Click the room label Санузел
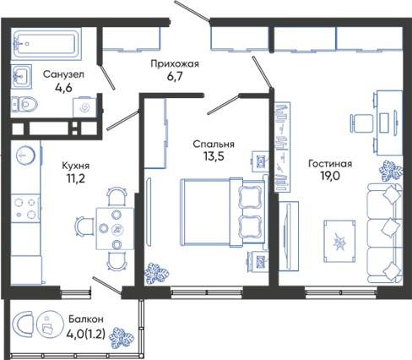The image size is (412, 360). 63,74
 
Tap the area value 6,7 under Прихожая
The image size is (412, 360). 175,76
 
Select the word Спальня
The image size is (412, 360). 214,144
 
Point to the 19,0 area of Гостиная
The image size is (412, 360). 330,176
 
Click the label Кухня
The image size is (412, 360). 76,166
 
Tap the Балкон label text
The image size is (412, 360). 86,319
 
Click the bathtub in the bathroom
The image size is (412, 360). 46,44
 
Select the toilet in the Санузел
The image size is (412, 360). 24,104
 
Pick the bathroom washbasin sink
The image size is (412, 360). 21,77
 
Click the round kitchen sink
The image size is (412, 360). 25,155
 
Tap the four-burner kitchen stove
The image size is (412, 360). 25,208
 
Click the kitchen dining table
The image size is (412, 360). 115,229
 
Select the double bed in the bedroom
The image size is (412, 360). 222,212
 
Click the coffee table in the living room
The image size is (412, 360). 339,241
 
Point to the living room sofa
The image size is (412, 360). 385,232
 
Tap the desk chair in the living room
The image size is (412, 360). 361,123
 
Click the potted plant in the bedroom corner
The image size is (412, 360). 156,273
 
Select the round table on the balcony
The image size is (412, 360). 48,325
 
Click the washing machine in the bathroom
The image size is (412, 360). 84,107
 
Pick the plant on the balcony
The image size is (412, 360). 122,337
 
